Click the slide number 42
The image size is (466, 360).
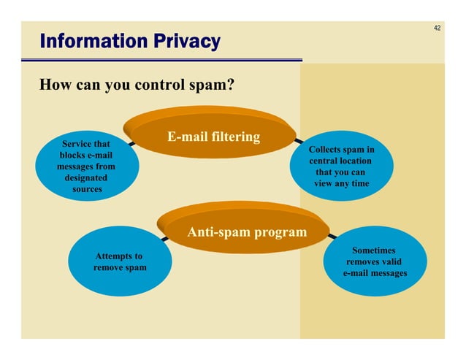tap(437, 28)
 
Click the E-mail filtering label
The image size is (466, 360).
tap(213, 137)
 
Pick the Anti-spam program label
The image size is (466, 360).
tap(247, 232)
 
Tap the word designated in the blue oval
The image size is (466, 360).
tap(86, 177)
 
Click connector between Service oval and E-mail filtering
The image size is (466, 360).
tap(131, 144)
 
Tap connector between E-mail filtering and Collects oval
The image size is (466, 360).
tap(299, 139)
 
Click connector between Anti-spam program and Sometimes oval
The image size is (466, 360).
tap(332, 236)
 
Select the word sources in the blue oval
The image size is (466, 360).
tap(87, 189)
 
